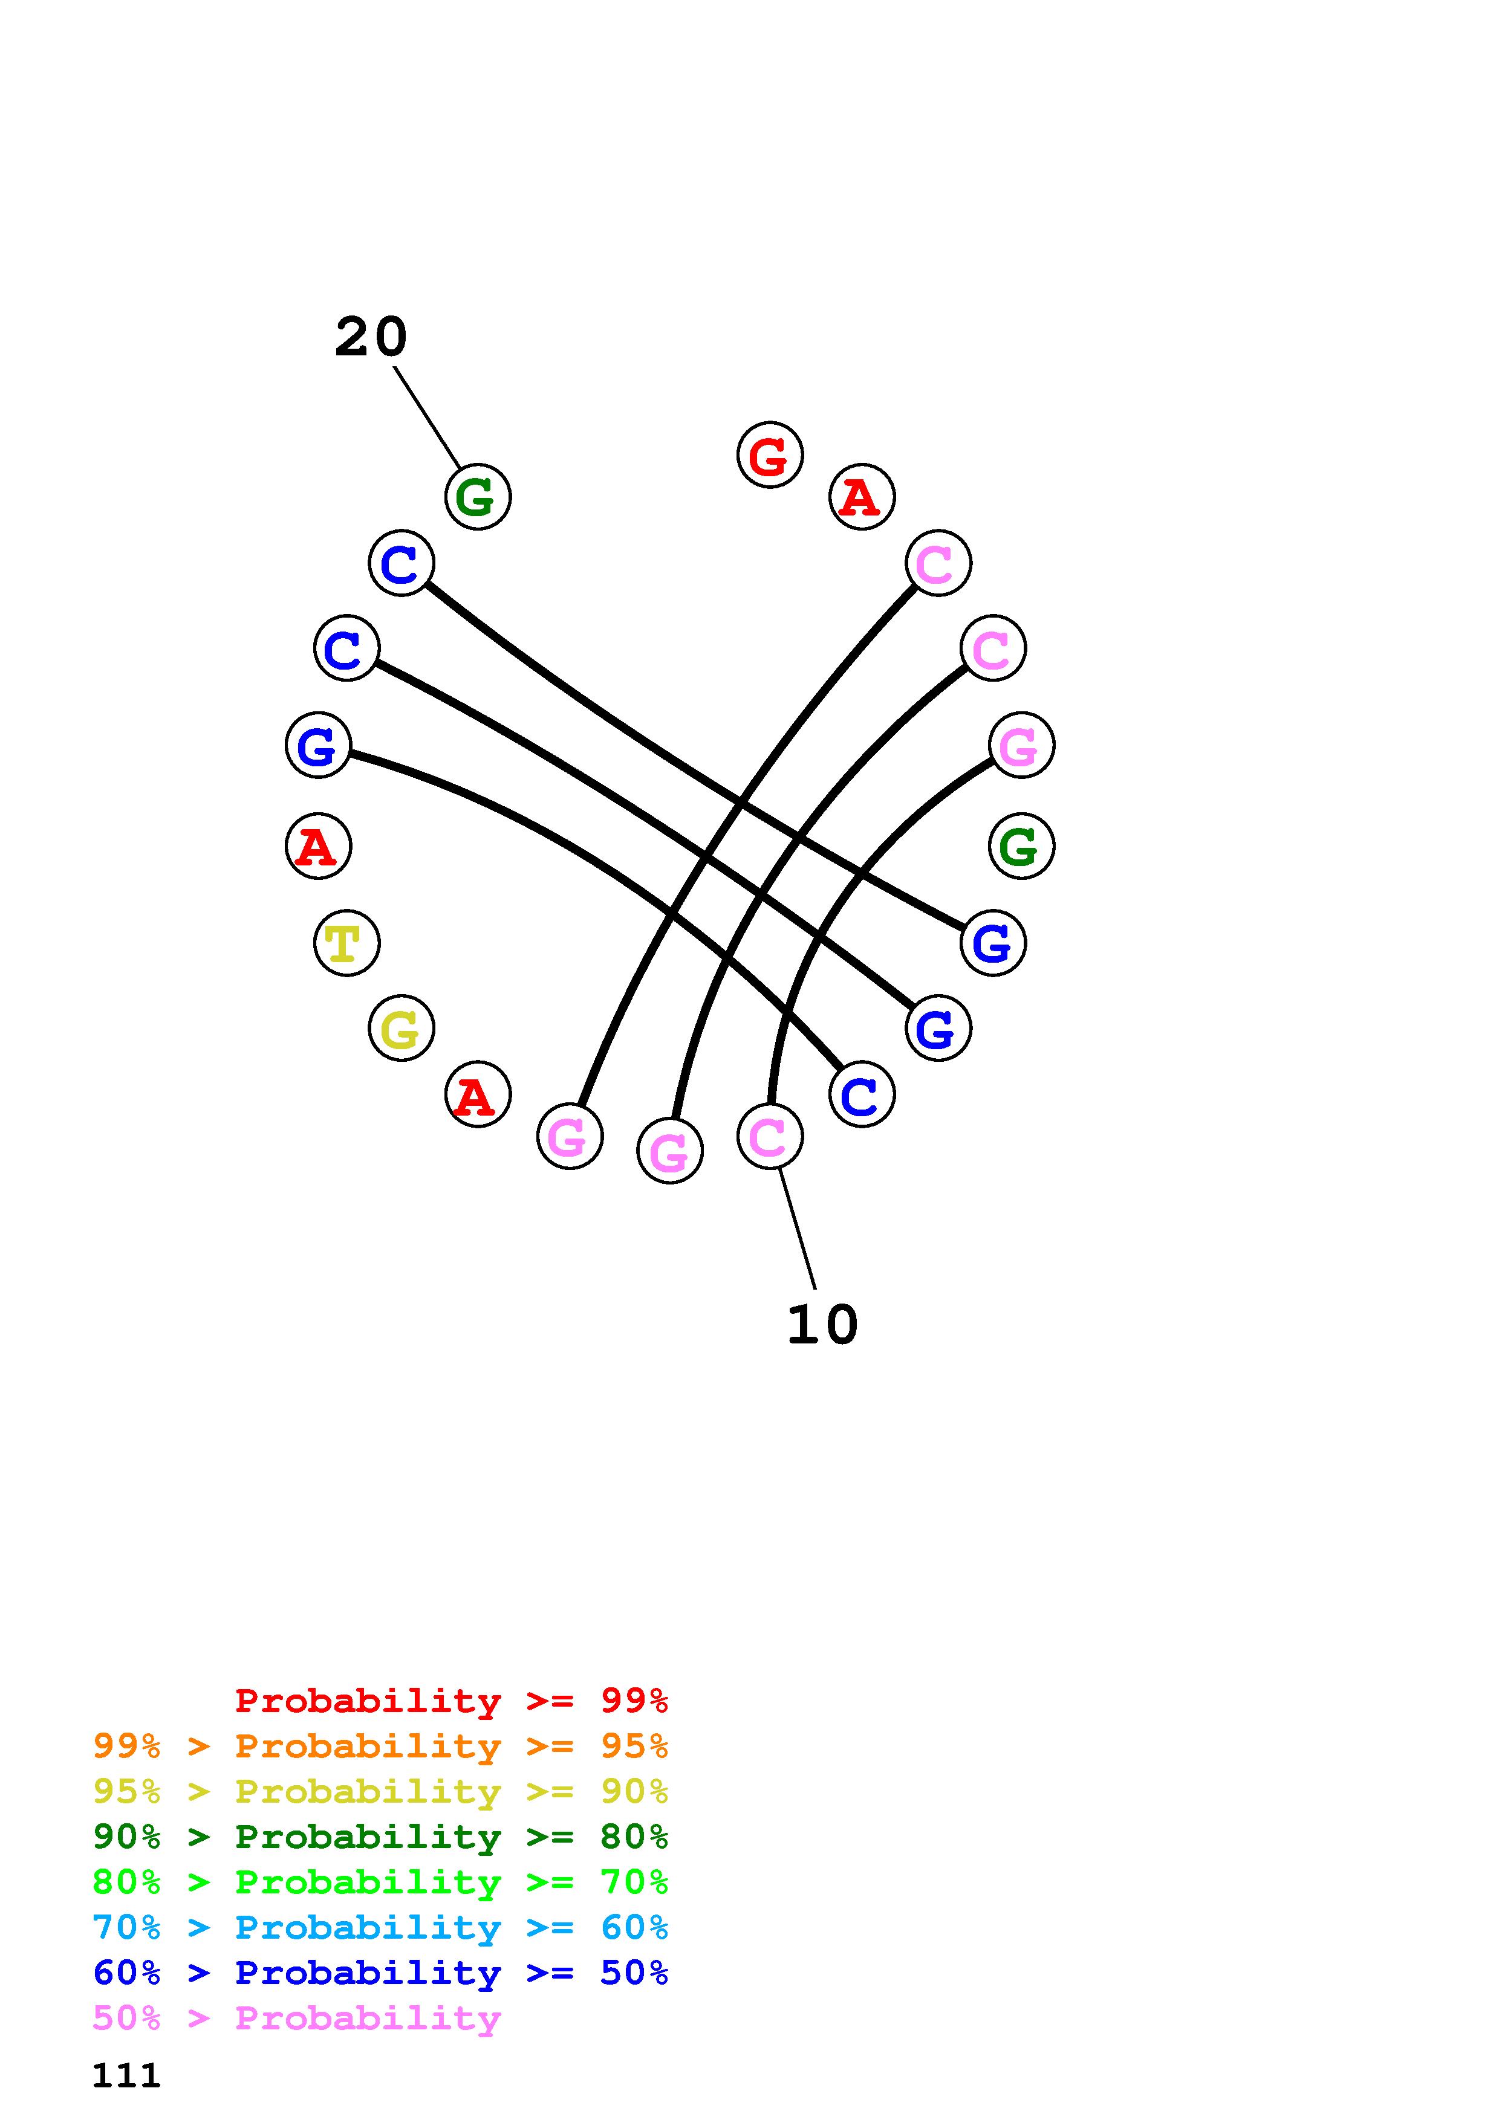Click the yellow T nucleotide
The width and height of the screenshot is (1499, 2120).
click(346, 943)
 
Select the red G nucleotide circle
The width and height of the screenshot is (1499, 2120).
click(769, 455)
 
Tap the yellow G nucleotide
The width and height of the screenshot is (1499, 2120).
click(401, 1029)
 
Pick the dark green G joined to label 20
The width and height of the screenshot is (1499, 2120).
click(478, 497)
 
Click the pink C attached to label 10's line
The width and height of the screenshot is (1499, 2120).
click(769, 1137)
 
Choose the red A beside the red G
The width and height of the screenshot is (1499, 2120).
click(862, 498)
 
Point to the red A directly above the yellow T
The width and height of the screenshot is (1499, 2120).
click(317, 846)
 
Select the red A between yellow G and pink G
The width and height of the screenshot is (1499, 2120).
click(478, 1095)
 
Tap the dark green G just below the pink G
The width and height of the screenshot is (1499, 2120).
click(1021, 846)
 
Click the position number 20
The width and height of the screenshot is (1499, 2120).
click(370, 337)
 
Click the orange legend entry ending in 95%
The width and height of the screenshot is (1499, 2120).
click(380, 1746)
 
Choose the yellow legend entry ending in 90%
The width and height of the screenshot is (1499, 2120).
click(380, 1791)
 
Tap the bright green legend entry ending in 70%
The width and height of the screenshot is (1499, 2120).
click(380, 1882)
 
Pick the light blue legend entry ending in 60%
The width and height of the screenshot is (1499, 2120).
click(380, 1927)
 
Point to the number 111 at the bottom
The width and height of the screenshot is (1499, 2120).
click(126, 2076)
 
